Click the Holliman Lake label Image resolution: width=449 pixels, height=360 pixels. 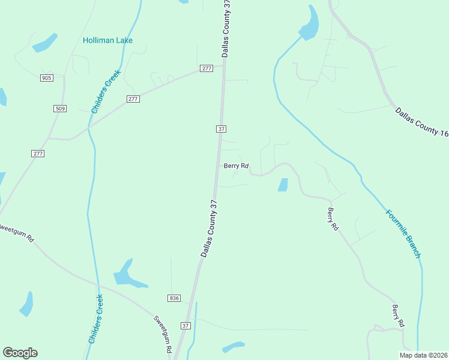click(107, 40)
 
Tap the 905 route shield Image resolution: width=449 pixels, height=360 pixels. click(47, 78)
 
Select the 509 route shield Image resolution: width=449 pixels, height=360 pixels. click(60, 109)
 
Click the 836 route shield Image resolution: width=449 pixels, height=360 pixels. click(174, 298)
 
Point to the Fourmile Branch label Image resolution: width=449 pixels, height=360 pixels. click(403, 233)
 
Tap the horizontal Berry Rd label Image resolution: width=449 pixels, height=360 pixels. click(236, 166)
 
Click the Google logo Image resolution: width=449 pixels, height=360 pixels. click(20, 353)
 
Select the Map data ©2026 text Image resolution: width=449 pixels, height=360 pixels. click(423, 355)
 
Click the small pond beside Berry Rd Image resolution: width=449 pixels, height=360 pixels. click(283, 185)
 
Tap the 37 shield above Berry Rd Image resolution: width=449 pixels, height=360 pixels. click(221, 129)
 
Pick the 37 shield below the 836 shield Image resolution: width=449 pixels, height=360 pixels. click(185, 326)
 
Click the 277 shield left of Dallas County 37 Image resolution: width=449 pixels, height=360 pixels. click(206, 68)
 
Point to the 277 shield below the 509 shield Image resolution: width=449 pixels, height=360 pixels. click(38, 154)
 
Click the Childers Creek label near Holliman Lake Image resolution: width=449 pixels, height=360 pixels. click(106, 91)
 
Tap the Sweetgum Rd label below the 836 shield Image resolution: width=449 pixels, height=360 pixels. click(163, 334)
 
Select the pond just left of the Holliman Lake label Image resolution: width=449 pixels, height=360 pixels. click(45, 43)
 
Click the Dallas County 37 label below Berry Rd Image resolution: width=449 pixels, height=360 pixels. click(208, 229)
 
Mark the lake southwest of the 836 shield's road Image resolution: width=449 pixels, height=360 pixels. click(127, 274)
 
